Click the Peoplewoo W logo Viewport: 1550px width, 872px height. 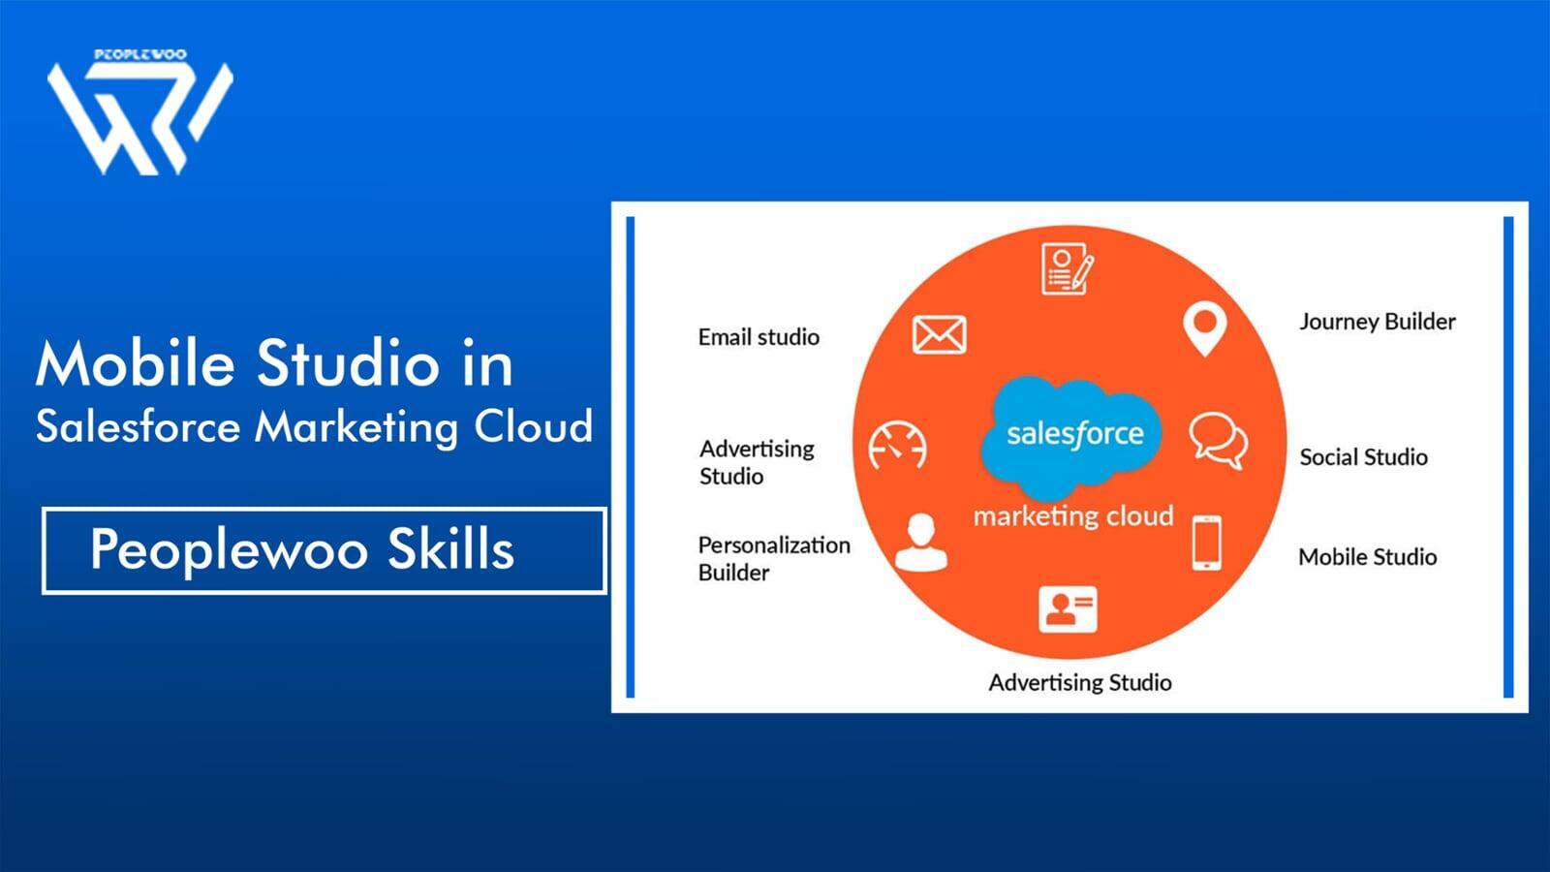point(139,116)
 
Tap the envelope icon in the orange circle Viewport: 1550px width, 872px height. point(939,335)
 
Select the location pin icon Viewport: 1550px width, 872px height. point(1204,328)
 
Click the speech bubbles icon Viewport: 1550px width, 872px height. point(1218,440)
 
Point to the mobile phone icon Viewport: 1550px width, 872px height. point(1206,543)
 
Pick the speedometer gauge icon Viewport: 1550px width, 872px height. point(897,446)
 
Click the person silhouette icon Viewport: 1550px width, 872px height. point(919,543)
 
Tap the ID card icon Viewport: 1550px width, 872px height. point(1068,608)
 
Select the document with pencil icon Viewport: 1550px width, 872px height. point(1067,268)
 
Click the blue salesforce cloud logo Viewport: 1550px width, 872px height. point(1072,434)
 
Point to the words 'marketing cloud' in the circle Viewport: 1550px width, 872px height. point(1072,516)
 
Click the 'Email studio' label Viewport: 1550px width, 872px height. point(759,337)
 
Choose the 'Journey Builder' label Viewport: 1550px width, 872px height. point(1377,322)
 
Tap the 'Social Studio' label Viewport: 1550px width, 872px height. point(1363,457)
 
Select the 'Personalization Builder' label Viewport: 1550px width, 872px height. point(773,558)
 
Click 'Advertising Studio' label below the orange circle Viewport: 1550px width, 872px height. point(1079,683)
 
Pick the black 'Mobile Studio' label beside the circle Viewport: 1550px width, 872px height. point(1367,557)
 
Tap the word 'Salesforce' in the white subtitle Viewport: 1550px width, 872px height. point(138,426)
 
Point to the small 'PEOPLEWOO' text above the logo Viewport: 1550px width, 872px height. point(140,55)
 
